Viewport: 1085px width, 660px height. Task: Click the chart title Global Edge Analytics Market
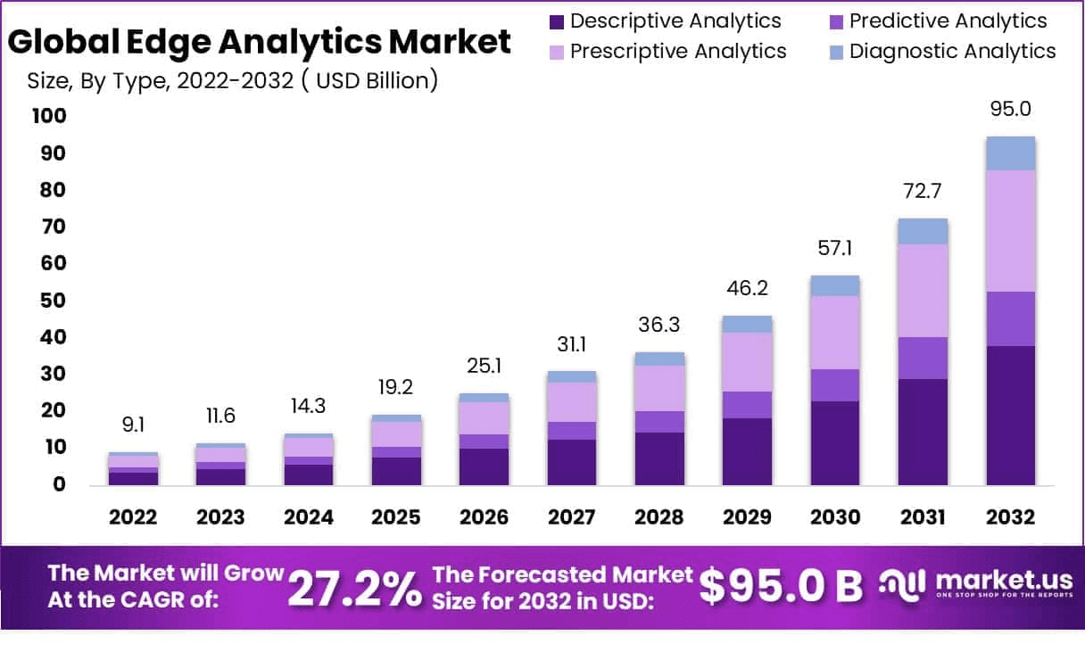tap(260, 42)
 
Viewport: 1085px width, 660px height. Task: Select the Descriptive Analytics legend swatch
tap(557, 21)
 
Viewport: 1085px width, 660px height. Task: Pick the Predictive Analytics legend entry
tap(936, 21)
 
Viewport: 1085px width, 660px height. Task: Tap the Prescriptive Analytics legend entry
tap(666, 52)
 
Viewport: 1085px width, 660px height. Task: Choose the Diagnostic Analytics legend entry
tap(940, 52)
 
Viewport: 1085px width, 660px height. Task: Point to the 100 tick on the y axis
tap(48, 116)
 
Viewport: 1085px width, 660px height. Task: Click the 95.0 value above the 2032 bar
tap(1010, 109)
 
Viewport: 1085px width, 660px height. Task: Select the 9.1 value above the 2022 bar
tap(134, 425)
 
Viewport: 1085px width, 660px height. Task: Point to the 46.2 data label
tap(746, 289)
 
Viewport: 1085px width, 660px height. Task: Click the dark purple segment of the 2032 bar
tap(1010, 415)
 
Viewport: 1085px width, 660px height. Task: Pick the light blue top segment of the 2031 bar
tap(923, 231)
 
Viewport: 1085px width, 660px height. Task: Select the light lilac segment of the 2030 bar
tap(835, 332)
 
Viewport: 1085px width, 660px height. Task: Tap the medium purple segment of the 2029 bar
tap(748, 405)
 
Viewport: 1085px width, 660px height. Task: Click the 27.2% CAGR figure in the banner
tap(355, 588)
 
